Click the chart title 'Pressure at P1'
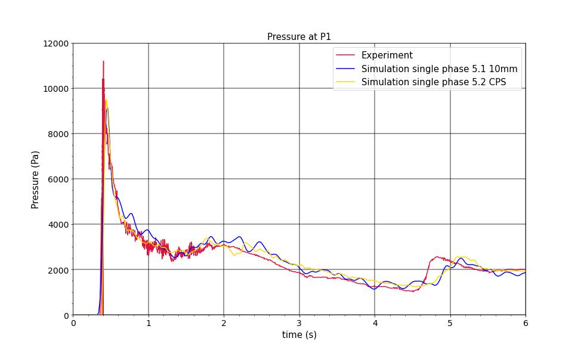click(x=299, y=37)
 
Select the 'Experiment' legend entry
click(x=387, y=55)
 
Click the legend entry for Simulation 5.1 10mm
click(x=439, y=69)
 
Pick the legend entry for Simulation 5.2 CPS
click(x=433, y=82)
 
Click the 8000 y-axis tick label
click(x=58, y=134)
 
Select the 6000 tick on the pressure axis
click(x=58, y=179)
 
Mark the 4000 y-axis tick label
click(x=58, y=225)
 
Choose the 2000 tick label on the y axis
click(x=58, y=270)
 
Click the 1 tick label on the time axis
click(x=149, y=323)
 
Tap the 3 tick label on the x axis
click(x=299, y=323)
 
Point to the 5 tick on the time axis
click(x=450, y=323)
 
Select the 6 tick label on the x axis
click(x=526, y=323)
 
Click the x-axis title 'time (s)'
click(x=299, y=335)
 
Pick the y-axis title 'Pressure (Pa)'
click(x=35, y=179)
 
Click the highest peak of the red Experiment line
click(x=103, y=61)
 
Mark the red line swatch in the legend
click(x=346, y=55)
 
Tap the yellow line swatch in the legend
click(x=346, y=82)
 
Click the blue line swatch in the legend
click(x=346, y=69)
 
